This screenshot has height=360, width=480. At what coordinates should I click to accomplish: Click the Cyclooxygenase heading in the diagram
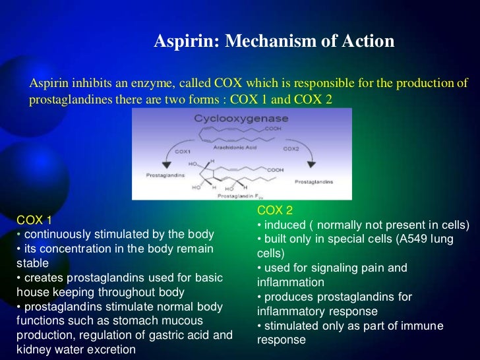(242, 119)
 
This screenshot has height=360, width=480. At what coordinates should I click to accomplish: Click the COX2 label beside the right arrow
(291, 149)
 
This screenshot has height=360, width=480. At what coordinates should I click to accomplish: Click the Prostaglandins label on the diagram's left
(164, 175)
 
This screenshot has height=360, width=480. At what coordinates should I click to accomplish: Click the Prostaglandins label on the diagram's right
(314, 181)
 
